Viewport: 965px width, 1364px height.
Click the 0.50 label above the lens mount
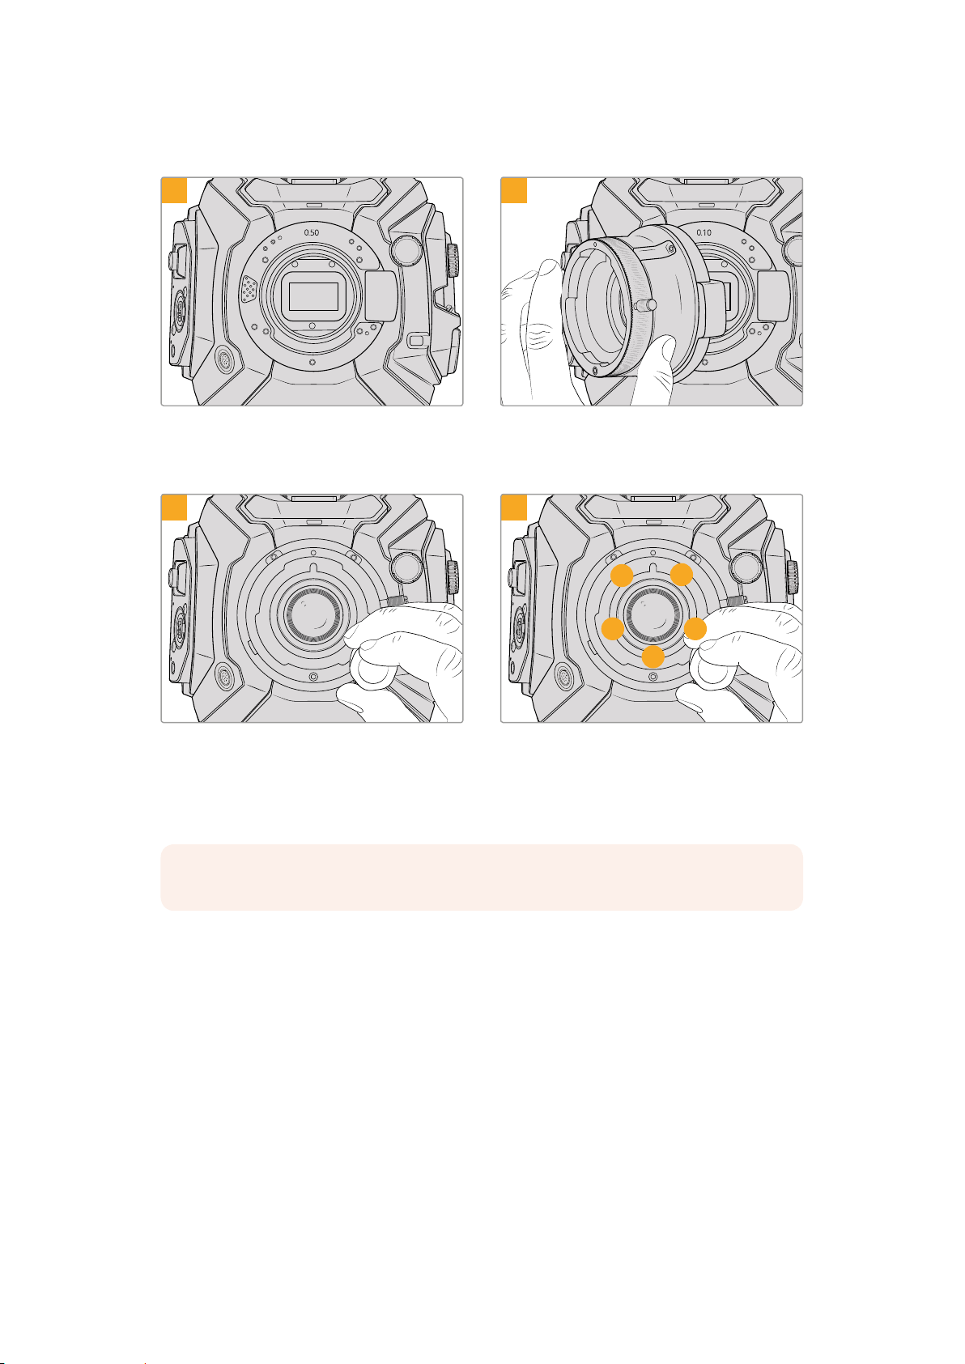point(311,232)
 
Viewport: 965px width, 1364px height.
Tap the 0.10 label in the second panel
point(704,232)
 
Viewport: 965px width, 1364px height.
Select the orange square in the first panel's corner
point(174,190)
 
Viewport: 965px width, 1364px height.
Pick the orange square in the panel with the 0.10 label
point(514,190)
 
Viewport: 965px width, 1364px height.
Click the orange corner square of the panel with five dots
point(514,508)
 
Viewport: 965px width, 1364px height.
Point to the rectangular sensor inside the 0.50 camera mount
point(313,296)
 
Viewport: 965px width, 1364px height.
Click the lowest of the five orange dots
point(653,657)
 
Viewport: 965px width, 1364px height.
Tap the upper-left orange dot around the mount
point(622,575)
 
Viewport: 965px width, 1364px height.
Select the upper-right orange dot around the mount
point(682,574)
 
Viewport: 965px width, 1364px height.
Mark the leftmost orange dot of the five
point(612,628)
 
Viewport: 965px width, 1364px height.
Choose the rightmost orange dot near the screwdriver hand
point(695,628)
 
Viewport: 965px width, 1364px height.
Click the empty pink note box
point(482,877)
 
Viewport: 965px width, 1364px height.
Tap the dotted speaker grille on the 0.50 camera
point(249,289)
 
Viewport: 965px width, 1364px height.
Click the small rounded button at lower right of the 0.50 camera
point(416,340)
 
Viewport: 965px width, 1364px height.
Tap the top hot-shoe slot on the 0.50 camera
point(313,181)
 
